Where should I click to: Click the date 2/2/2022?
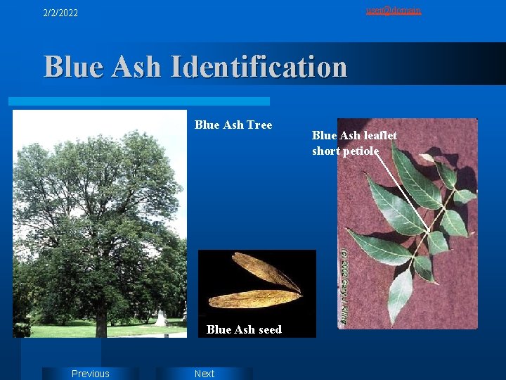60,13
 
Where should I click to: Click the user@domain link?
394,10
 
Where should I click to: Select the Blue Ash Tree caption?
233,125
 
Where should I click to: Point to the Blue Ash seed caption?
244,329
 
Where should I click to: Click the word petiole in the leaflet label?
361,151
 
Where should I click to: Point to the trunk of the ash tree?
101,320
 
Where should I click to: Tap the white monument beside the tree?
161,318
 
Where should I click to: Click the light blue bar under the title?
141,101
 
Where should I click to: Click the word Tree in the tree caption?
257,125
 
